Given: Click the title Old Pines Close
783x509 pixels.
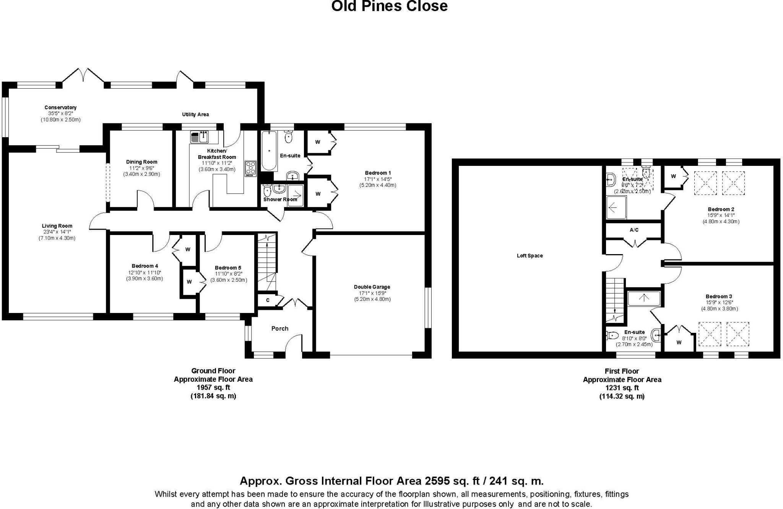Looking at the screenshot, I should point(389,6).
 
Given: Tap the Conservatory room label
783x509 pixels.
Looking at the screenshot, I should point(60,108).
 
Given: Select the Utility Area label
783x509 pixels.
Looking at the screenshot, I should point(195,114).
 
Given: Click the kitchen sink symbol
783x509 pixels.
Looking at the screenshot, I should point(199,136).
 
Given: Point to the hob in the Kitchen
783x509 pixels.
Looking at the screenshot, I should point(250,169).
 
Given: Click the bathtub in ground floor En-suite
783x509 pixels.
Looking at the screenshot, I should point(269,151).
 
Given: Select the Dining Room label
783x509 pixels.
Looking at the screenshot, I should point(141,162).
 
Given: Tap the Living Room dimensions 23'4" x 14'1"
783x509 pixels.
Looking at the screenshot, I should point(57,232).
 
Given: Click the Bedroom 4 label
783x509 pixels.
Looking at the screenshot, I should point(145,266).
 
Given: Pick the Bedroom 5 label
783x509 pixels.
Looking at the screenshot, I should point(228,268).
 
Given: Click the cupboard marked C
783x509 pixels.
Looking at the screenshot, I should point(268,300).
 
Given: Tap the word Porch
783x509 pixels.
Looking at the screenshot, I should point(279,329).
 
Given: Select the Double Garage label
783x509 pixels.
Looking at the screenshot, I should point(372,287).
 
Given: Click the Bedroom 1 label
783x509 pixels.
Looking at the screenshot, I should point(378,173).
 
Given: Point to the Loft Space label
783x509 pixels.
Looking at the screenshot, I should point(530,256).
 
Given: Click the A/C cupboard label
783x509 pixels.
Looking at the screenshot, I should point(634,230).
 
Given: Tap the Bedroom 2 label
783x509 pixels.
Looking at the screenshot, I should point(721,209).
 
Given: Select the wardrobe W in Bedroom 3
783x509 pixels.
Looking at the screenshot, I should point(679,342).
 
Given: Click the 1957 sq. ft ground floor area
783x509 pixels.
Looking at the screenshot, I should point(213,387).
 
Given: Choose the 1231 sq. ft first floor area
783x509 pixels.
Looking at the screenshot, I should point(622,388).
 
